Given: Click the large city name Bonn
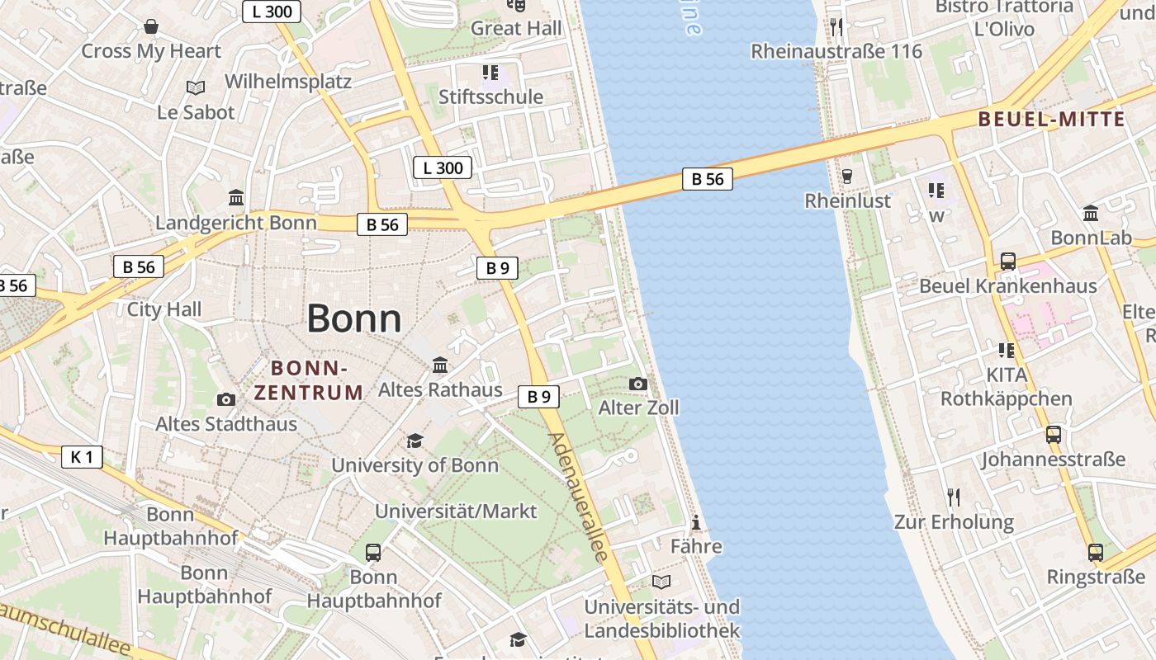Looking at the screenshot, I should pyautogui.click(x=354, y=319).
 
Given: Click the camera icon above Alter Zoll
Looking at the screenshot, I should pyautogui.click(x=638, y=384).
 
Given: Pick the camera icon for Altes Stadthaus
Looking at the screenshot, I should pyautogui.click(x=225, y=399).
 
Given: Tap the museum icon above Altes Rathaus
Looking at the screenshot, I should pyautogui.click(x=440, y=365).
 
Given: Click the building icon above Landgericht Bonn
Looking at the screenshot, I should pyautogui.click(x=236, y=198).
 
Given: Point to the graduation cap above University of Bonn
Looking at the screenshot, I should pyautogui.click(x=415, y=441).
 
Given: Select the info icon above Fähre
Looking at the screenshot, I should pyautogui.click(x=696, y=522).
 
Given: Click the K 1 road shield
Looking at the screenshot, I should pyautogui.click(x=82, y=456).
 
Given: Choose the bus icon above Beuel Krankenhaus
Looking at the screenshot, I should pyautogui.click(x=1008, y=262).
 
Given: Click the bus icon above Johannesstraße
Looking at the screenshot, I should pyautogui.click(x=1053, y=434).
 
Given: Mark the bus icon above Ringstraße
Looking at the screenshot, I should pyautogui.click(x=1096, y=552).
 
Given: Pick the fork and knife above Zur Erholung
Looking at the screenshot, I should pyautogui.click(x=954, y=497).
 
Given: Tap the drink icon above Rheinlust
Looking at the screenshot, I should pyautogui.click(x=846, y=176).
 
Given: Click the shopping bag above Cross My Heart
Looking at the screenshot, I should pyautogui.click(x=151, y=27).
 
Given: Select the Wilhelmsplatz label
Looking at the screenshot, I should pyautogui.click(x=288, y=82).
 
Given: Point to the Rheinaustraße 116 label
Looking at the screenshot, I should pyautogui.click(x=836, y=51).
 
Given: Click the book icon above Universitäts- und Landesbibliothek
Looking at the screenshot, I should pyautogui.click(x=661, y=582).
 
